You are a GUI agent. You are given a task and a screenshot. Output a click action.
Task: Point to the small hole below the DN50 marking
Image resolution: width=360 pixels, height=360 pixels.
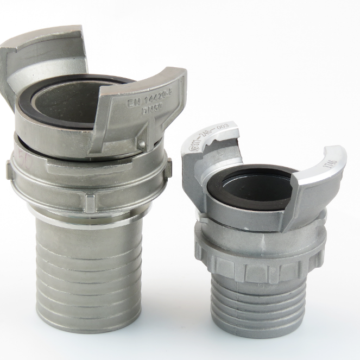[142, 144]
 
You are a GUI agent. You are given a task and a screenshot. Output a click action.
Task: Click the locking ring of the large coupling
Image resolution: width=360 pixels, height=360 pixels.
[87, 182]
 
